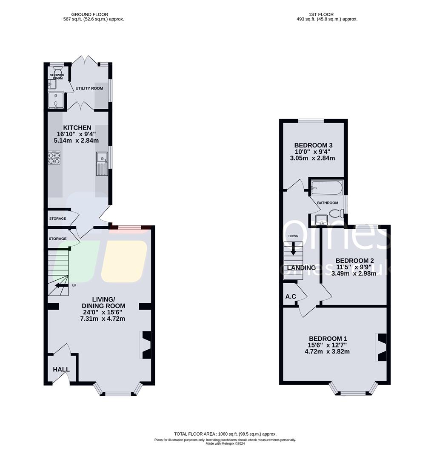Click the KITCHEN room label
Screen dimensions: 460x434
[77, 128]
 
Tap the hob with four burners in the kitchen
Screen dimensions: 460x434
[54, 158]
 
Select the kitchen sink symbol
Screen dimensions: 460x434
[102, 164]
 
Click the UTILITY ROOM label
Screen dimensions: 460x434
[89, 88]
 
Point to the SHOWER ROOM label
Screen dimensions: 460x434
[57, 77]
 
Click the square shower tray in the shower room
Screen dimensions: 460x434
[56, 101]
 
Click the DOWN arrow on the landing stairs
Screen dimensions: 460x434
[293, 249]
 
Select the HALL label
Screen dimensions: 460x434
[61, 369]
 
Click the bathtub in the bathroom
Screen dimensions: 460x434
[326, 187]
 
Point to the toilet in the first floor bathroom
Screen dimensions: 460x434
[336, 213]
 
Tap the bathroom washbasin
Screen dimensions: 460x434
[321, 220]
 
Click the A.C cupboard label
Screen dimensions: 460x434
[291, 296]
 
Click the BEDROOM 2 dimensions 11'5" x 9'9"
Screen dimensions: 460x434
[354, 267]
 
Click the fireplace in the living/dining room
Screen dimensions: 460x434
[145, 344]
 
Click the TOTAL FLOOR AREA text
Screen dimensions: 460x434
[225, 434]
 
